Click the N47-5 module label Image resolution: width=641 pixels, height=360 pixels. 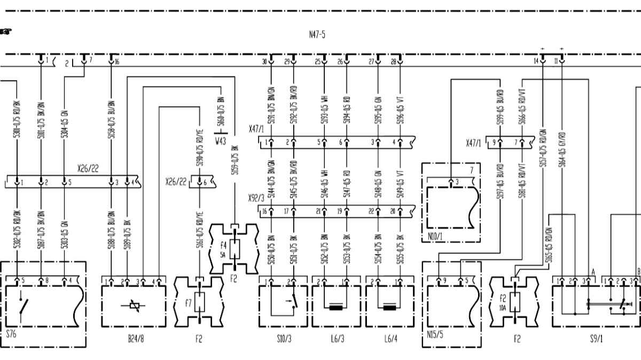(x=317, y=35)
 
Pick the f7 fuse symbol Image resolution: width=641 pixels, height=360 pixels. (x=200, y=303)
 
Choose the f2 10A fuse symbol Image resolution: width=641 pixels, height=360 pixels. (x=514, y=303)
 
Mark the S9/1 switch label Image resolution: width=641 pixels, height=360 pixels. (x=596, y=338)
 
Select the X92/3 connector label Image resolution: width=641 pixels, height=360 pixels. (x=256, y=198)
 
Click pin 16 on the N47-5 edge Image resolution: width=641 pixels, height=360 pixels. (x=111, y=61)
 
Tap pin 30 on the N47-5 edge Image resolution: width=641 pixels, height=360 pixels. (x=271, y=61)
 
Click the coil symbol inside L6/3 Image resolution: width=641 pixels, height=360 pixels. (x=336, y=307)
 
